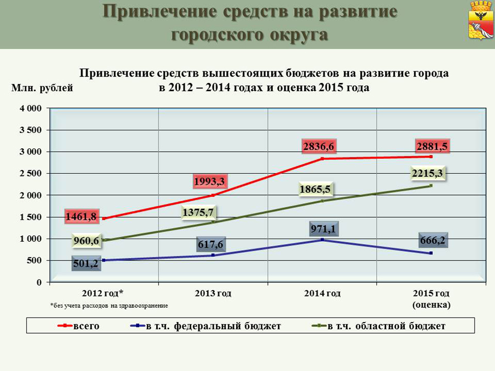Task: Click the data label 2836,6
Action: [318, 147]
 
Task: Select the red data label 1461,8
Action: [81, 217]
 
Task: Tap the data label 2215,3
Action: [427, 174]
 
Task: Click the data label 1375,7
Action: [198, 212]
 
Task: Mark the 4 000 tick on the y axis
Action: [31, 108]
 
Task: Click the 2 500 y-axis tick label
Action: [31, 174]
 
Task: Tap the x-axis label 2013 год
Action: [213, 293]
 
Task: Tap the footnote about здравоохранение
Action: [108, 305]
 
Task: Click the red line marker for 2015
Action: [431, 157]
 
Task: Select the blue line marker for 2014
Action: [322, 240]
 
